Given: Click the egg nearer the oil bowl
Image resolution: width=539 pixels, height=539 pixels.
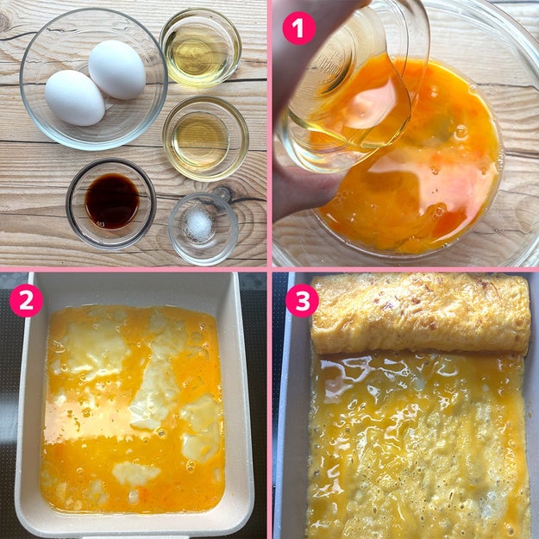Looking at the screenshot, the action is [x=117, y=70].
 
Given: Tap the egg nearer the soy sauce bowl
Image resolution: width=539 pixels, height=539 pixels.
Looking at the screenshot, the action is [x=74, y=97].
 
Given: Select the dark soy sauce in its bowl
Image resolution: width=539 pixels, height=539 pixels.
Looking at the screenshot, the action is [x=112, y=201].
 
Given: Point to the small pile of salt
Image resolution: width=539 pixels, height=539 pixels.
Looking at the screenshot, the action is [x=198, y=225].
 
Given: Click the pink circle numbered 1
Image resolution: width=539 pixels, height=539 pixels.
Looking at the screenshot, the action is [x=299, y=28].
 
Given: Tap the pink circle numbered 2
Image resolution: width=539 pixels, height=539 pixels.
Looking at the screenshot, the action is [x=26, y=300].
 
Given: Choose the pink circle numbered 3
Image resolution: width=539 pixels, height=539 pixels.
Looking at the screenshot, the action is [x=303, y=300].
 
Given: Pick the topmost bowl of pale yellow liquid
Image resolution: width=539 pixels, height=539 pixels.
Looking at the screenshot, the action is [x=200, y=47].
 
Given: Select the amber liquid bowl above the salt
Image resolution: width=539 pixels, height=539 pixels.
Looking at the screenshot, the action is [x=205, y=139].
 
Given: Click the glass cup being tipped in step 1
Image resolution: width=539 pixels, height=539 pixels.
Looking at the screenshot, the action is [x=351, y=90].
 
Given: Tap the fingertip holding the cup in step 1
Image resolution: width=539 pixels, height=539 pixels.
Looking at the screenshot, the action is [x=303, y=192].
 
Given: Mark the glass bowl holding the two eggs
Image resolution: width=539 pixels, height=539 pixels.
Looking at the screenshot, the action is [x=93, y=79].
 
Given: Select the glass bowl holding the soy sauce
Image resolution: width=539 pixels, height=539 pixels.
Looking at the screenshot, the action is [x=111, y=204].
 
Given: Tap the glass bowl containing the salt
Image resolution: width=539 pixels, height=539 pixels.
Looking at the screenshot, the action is [x=204, y=229].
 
